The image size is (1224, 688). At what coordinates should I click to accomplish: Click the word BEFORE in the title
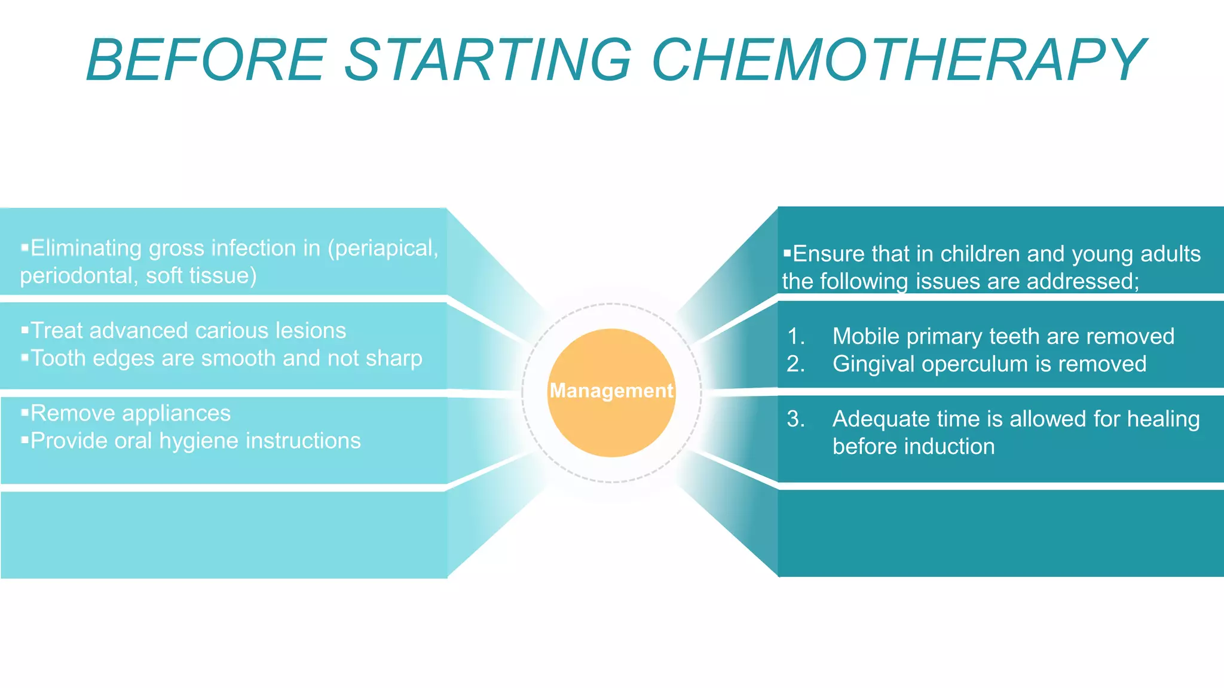click(206, 60)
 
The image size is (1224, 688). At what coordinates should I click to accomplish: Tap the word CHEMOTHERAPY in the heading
click(898, 60)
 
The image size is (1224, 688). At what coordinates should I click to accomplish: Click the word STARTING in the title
click(488, 60)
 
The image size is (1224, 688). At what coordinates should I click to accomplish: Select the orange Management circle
click(611, 392)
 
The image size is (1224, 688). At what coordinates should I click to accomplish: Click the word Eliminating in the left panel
click(85, 248)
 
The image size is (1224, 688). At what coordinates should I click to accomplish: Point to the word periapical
click(383, 248)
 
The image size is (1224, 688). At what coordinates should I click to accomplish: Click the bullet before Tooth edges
click(25, 357)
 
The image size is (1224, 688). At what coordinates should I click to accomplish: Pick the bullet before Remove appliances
click(25, 412)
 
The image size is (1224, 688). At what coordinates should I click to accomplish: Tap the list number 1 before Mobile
click(795, 336)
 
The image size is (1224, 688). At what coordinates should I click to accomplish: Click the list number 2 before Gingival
click(795, 364)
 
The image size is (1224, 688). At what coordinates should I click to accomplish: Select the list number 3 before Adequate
click(795, 419)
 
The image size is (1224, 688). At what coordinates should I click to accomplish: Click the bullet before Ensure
click(787, 253)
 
